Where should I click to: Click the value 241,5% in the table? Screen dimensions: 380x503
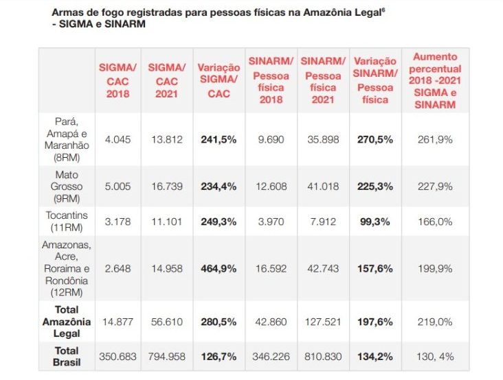click(x=219, y=139)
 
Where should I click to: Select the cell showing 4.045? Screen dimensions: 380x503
click(x=118, y=139)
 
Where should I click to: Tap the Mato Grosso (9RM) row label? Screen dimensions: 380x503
click(x=67, y=186)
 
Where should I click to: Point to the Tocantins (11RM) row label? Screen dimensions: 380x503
click(x=67, y=222)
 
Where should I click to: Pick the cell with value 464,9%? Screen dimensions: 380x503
click(x=219, y=268)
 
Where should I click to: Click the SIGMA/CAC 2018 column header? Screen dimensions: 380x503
click(x=118, y=80)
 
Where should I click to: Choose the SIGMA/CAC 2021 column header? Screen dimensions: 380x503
click(x=167, y=80)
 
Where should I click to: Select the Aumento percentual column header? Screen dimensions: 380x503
click(x=436, y=80)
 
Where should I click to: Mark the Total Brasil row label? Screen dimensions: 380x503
click(x=67, y=357)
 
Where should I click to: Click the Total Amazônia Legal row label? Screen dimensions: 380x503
click(x=67, y=322)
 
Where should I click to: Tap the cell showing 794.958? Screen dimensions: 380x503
click(x=167, y=357)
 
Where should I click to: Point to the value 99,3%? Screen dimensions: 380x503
click(x=375, y=222)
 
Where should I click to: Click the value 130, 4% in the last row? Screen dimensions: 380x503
click(x=436, y=357)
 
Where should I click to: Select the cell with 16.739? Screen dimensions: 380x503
click(x=167, y=186)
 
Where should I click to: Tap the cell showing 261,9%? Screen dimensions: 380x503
click(x=436, y=139)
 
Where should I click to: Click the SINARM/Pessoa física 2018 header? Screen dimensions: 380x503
click(x=270, y=80)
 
